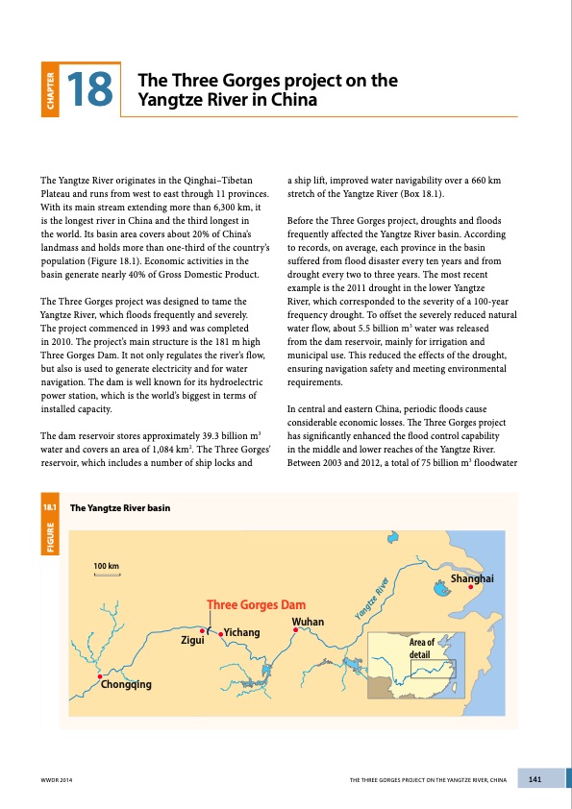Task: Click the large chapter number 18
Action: [91, 87]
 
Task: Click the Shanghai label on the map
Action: [472, 578]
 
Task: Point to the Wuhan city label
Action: [307, 622]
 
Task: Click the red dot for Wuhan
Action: [296, 630]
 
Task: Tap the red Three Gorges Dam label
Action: [257, 605]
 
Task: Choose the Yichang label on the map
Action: [242, 632]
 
